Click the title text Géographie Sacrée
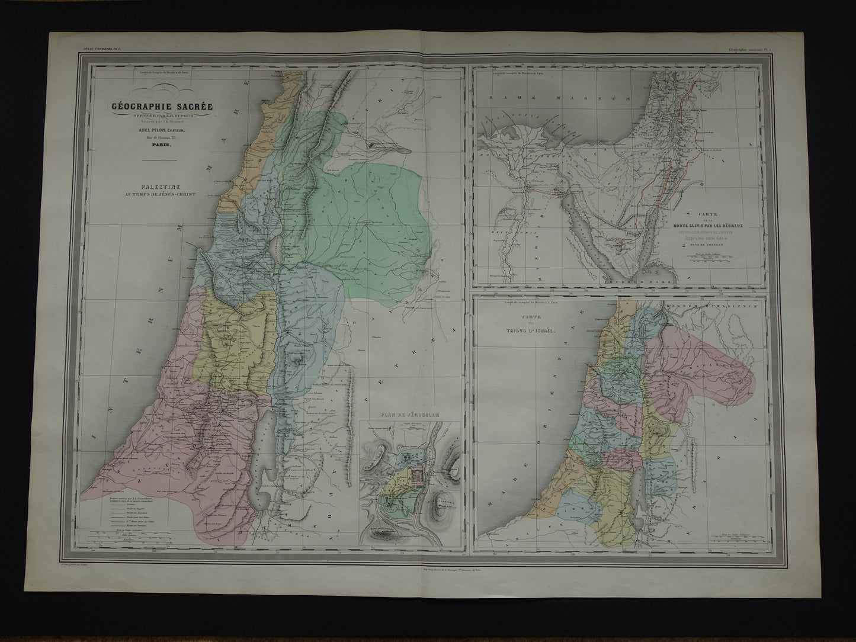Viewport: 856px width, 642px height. coord(161,107)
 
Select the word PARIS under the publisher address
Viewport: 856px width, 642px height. coord(161,150)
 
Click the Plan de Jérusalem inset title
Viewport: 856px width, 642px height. coord(410,416)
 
